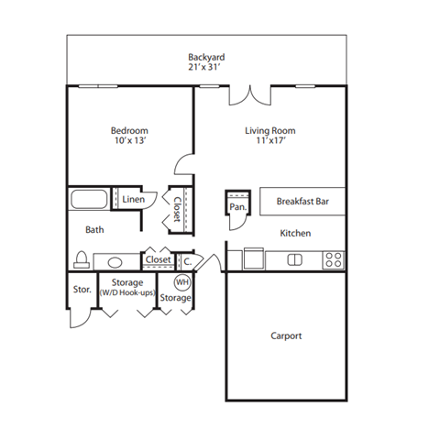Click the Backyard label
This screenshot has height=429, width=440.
[206, 57]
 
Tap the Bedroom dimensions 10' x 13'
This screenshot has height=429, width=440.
[129, 142]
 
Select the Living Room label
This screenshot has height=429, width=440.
[270, 131]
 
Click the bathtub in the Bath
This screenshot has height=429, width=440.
[89, 199]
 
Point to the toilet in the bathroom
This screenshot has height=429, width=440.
[81, 259]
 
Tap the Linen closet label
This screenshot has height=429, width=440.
[133, 199]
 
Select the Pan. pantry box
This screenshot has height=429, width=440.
[237, 206]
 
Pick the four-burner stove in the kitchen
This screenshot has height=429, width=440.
[334, 260]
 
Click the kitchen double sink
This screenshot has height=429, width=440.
[295, 260]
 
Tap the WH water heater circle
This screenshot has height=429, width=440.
[181, 282]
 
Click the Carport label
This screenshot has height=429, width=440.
[286, 335]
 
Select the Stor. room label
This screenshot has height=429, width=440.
[82, 290]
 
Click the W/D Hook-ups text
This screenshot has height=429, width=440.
[126, 292]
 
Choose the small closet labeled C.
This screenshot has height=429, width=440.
[186, 260]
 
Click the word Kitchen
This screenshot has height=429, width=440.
[295, 234]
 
